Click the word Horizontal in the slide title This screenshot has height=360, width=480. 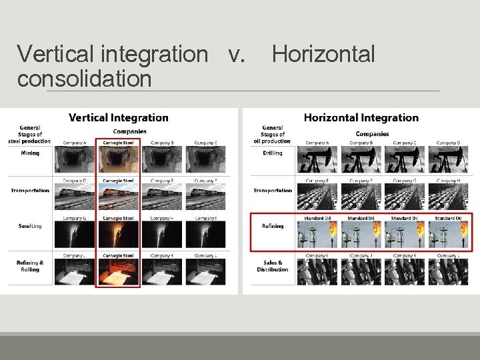tap(323, 55)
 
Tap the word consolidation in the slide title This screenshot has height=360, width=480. tap(85, 79)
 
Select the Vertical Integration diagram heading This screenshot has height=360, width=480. tap(119, 118)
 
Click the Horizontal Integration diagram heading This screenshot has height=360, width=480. tap(361, 118)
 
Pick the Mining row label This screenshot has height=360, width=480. tap(29, 153)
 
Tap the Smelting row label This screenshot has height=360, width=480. tap(29, 226)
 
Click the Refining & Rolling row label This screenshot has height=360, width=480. tap(30, 266)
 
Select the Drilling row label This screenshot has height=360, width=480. tap(272, 153)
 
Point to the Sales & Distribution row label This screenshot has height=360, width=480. tap(272, 266)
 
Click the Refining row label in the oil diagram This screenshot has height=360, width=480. tap(272, 226)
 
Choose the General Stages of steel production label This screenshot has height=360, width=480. tap(29, 134)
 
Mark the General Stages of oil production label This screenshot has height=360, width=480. tap(272, 134)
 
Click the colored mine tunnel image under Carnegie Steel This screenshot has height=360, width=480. tap(117, 160)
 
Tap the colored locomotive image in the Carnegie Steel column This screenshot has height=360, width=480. tap(117, 197)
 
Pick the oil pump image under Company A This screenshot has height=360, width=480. tap(317, 160)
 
